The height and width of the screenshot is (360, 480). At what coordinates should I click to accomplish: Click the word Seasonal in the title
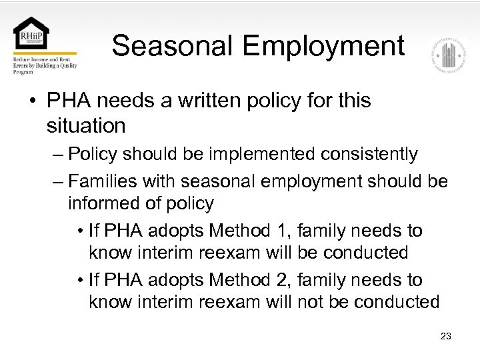(173, 46)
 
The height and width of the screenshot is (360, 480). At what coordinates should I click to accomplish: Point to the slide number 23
(446, 336)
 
